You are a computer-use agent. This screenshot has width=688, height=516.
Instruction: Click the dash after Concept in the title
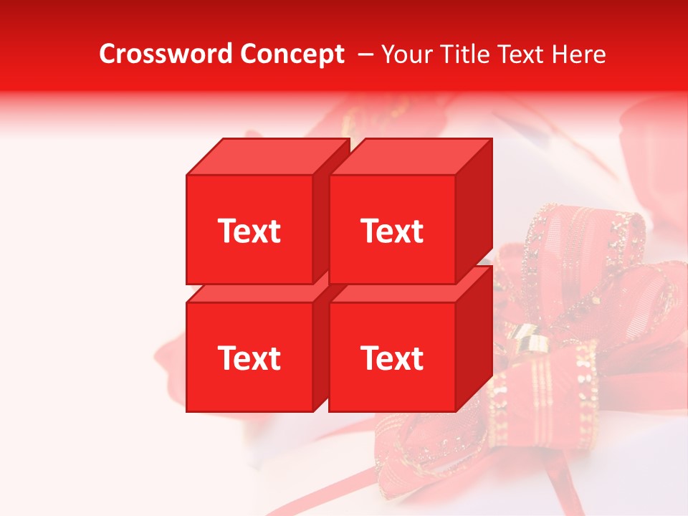tap(364, 54)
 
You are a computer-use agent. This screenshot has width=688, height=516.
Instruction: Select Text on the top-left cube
tap(249, 231)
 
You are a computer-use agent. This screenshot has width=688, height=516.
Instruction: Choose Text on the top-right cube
tap(391, 231)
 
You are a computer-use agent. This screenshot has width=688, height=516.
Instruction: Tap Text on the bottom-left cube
tap(249, 358)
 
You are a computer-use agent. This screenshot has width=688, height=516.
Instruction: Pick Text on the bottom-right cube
tap(391, 358)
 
